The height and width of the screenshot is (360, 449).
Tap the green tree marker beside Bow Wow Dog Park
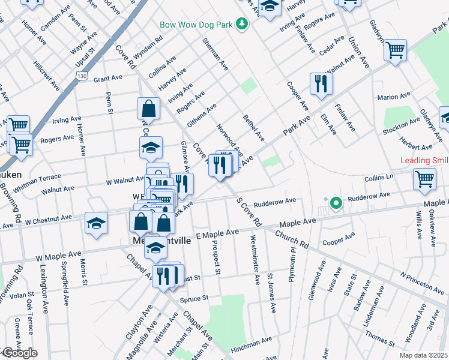241,24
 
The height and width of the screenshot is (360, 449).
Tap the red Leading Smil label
424,160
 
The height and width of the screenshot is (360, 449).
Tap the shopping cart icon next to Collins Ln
424,178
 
